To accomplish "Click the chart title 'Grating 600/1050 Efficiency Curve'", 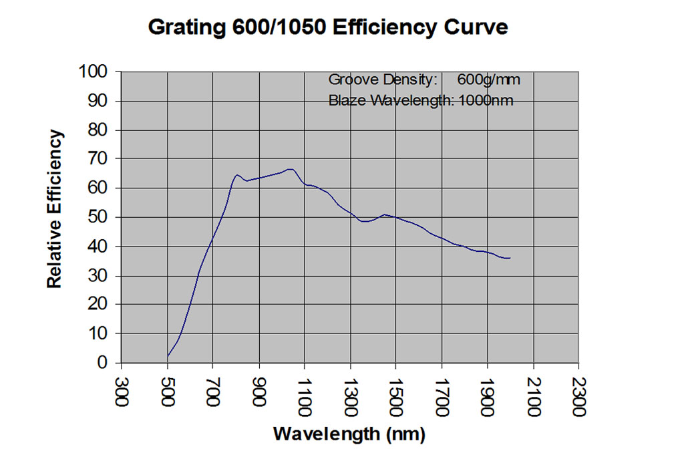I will pyautogui.click(x=327, y=27).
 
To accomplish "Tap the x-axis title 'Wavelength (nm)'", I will pyautogui.click(x=349, y=434).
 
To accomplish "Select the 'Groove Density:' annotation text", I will pyautogui.click(x=383, y=80).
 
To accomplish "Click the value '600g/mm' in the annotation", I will pyautogui.click(x=489, y=80).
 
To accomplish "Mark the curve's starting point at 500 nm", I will pyautogui.click(x=167, y=356).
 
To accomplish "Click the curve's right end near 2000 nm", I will pyautogui.click(x=510, y=258).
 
